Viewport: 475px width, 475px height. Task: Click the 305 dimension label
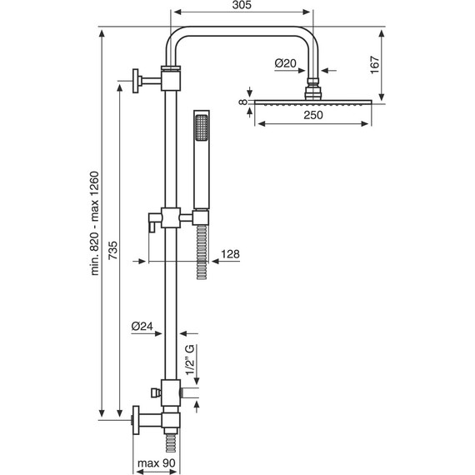point(242,5)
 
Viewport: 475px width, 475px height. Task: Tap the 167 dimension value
point(375,64)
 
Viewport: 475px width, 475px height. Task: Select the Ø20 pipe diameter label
point(285,63)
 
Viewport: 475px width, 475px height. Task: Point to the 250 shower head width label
point(313,115)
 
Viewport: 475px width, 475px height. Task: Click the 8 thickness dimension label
point(243,102)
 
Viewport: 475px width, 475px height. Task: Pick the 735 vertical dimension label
point(112,250)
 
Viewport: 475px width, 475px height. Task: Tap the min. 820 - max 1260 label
point(95,223)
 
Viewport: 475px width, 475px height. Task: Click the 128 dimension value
point(230,254)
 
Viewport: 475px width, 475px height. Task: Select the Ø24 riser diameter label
point(142,327)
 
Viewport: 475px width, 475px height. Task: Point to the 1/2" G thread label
point(190,359)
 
